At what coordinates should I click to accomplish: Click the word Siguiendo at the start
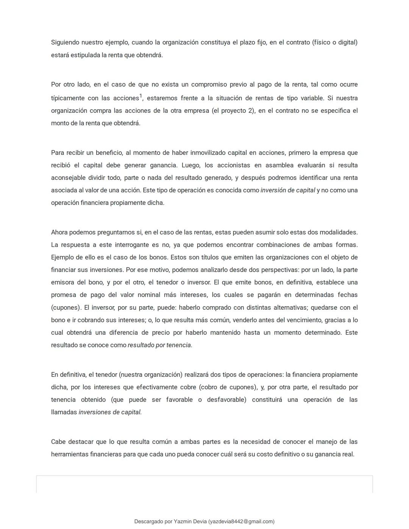point(65,42)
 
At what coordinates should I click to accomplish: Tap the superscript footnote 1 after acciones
point(141,96)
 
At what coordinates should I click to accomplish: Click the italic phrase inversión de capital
point(288,190)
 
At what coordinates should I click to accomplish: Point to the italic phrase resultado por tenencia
point(160,345)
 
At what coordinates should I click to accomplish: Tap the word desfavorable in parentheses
point(226,399)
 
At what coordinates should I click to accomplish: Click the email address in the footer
point(241,521)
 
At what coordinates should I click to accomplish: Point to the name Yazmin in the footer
point(183,521)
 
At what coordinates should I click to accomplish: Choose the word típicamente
point(67,98)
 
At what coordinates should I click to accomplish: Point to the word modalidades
point(338,232)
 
